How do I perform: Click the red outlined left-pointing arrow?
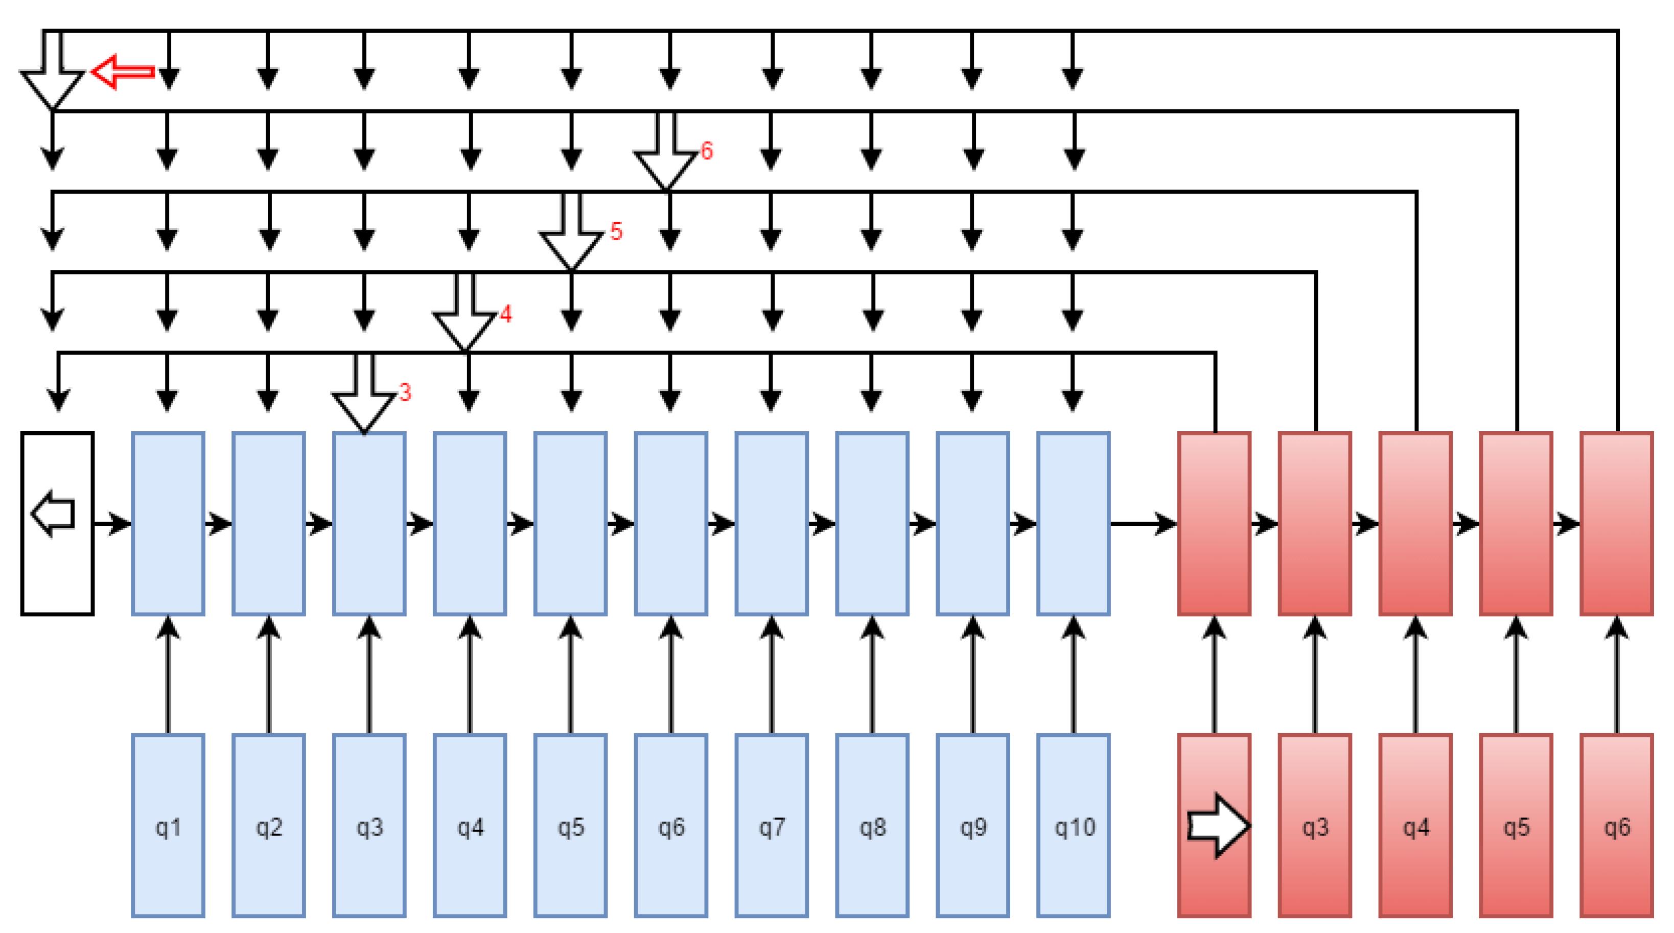tap(122, 72)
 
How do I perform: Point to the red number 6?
tap(706, 151)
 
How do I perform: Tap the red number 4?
tap(505, 314)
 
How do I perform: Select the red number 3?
tap(405, 392)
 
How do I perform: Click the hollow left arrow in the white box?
tap(53, 514)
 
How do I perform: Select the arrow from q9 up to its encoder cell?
tap(973, 675)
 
